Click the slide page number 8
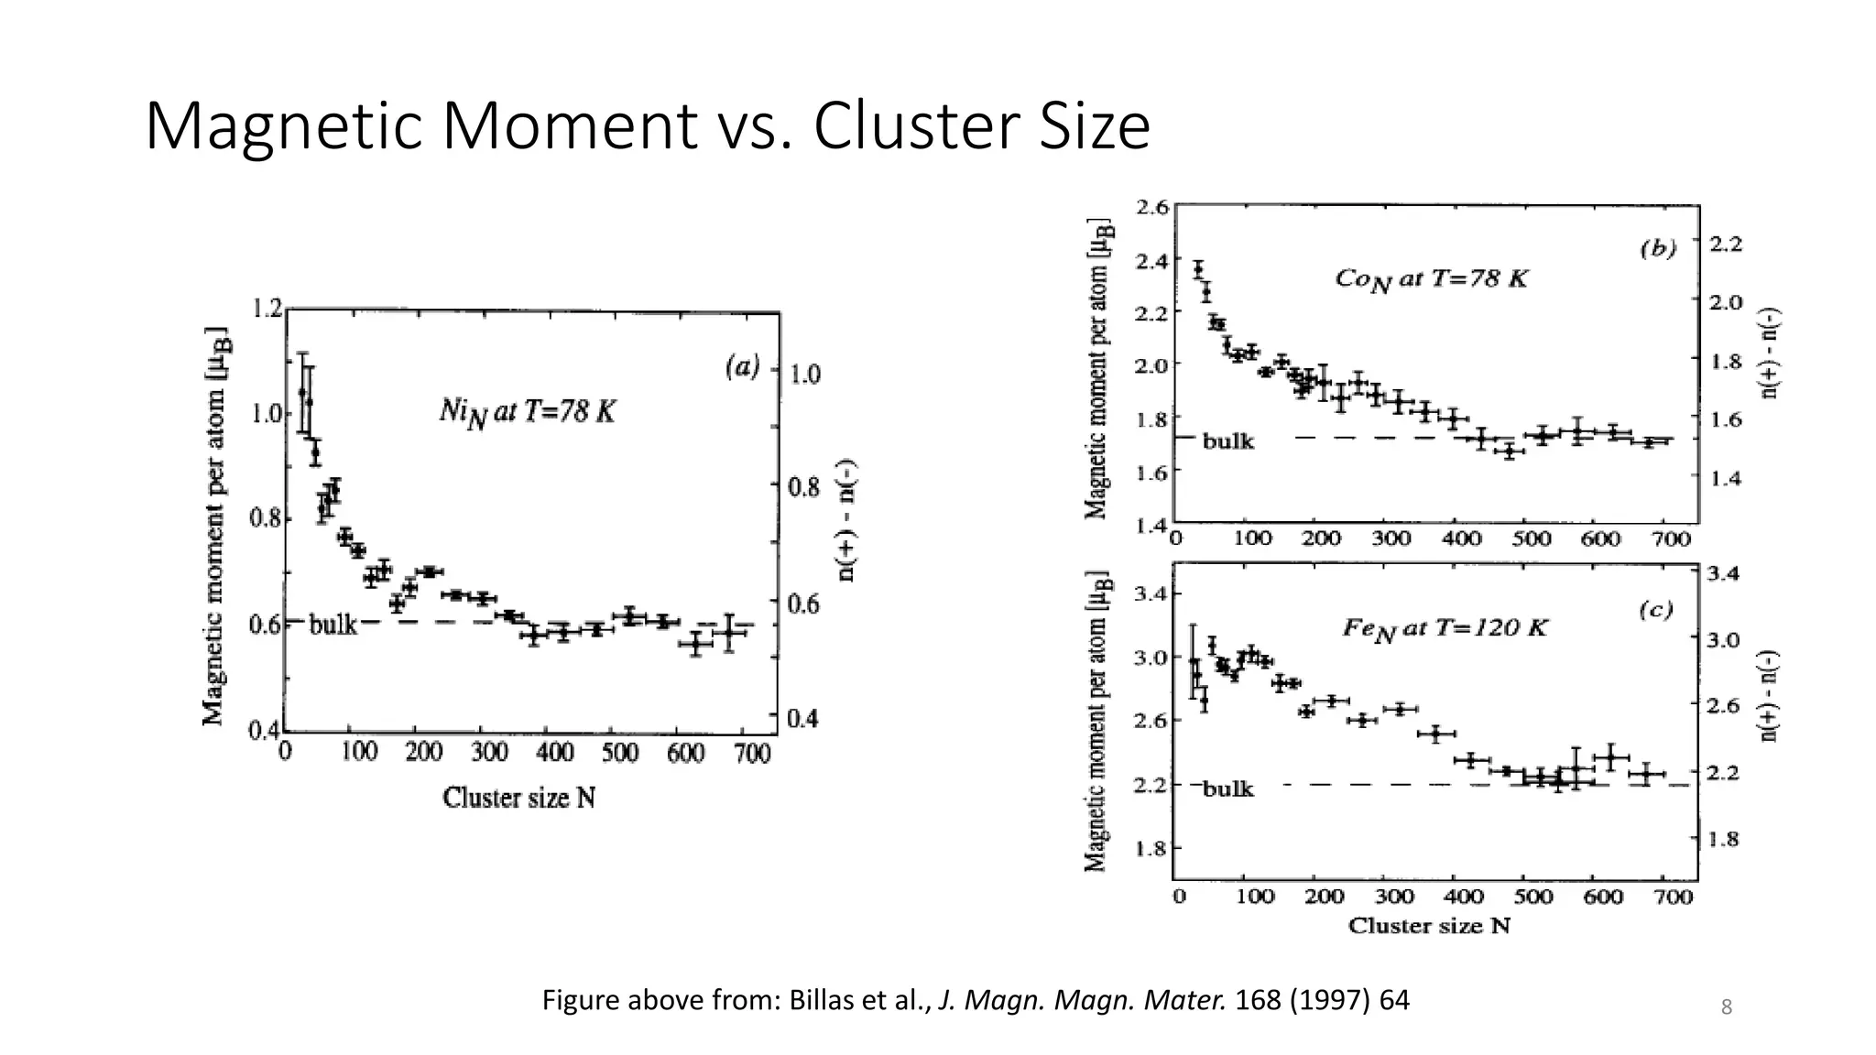[x=1727, y=1008]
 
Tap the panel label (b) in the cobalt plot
[x=1658, y=248]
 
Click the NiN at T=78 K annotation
[x=527, y=413]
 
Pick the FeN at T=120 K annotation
[x=1445, y=628]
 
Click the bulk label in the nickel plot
[x=333, y=625]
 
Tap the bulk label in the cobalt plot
[x=1227, y=441]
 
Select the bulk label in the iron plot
[x=1227, y=789]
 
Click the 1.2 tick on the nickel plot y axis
[x=267, y=309]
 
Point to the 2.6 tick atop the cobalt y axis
[x=1152, y=207]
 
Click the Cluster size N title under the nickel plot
[x=519, y=799]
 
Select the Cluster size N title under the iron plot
[x=1429, y=926]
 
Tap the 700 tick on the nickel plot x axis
[x=752, y=753]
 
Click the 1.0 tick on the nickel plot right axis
[x=805, y=374]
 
